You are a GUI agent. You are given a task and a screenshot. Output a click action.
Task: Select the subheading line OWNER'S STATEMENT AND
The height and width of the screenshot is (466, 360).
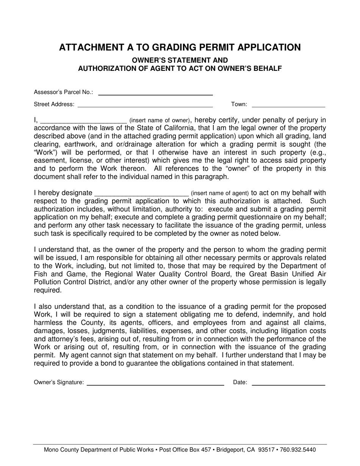[x=180, y=60]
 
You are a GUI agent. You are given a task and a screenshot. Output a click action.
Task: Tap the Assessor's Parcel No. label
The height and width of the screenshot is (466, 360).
[x=63, y=92]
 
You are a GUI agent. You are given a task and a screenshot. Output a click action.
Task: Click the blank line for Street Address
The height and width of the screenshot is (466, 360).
[x=145, y=106]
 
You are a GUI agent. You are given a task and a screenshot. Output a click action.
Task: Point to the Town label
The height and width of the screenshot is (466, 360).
[x=239, y=105]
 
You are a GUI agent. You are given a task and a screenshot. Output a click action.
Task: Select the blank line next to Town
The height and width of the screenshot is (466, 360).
[x=288, y=106]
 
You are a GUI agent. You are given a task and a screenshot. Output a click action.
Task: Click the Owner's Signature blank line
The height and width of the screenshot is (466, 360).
[x=155, y=384]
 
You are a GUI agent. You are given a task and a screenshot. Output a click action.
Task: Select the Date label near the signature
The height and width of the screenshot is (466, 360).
[x=240, y=383]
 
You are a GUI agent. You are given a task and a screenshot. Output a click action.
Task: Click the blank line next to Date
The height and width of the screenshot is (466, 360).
[x=288, y=384]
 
